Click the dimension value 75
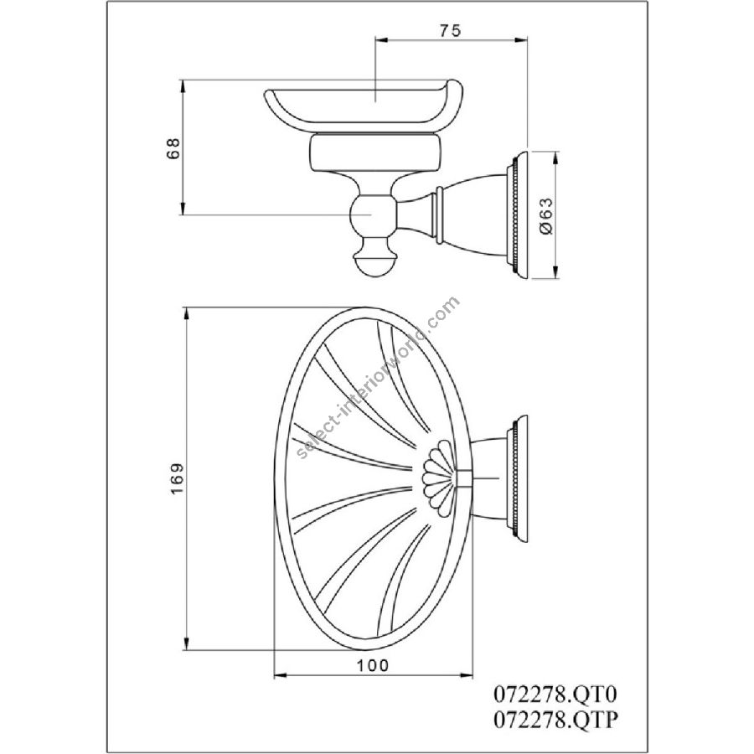pyautogui.click(x=450, y=30)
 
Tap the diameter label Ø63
pyautogui.click(x=547, y=215)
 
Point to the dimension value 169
pyautogui.click(x=177, y=478)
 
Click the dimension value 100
pyautogui.click(x=372, y=665)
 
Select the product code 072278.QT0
pyautogui.click(x=555, y=695)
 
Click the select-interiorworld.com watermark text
pyautogui.click(x=379, y=378)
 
